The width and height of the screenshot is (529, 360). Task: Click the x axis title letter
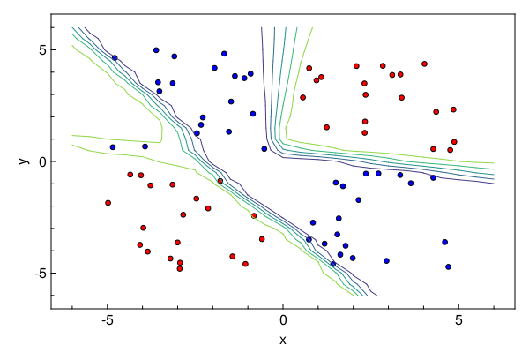click(283, 340)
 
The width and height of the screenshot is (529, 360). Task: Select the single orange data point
click(254, 215)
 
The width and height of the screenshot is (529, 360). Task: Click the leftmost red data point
click(108, 202)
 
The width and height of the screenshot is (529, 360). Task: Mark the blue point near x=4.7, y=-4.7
click(448, 266)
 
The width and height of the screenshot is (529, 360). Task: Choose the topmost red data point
click(424, 64)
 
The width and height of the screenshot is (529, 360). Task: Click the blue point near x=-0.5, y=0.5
click(264, 149)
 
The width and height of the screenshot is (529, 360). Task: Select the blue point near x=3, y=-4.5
click(386, 260)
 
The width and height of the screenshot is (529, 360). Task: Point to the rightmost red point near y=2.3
click(453, 109)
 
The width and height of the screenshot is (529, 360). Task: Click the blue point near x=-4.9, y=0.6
click(113, 147)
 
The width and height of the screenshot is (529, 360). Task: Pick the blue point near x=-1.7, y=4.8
click(224, 54)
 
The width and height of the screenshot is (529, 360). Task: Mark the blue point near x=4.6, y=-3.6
click(444, 242)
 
